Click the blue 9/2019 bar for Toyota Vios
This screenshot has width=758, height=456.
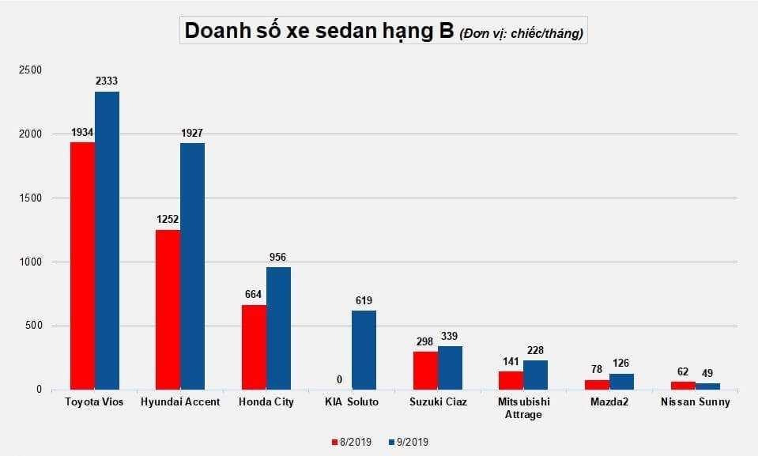coord(107,240)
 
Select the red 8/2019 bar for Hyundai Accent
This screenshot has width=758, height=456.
coord(168,309)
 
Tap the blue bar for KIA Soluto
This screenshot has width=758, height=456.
coord(364,349)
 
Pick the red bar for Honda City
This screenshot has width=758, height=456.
coord(254,347)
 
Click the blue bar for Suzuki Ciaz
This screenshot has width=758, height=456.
coord(450,367)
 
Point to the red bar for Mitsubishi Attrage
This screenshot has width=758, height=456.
coord(511,380)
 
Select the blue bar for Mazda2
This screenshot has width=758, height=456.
coord(621,381)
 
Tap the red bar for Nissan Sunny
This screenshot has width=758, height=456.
coord(683,385)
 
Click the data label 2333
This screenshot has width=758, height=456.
coord(107,81)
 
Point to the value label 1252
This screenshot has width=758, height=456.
coord(168,219)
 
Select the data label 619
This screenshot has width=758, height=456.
coord(364,300)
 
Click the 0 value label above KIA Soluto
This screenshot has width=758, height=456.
coord(339,379)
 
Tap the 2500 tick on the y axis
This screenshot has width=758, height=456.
coord(32,70)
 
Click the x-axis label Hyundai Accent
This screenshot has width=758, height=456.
coord(180,402)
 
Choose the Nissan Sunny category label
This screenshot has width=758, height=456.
coord(696,402)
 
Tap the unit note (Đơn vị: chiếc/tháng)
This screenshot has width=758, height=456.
coord(522,33)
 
